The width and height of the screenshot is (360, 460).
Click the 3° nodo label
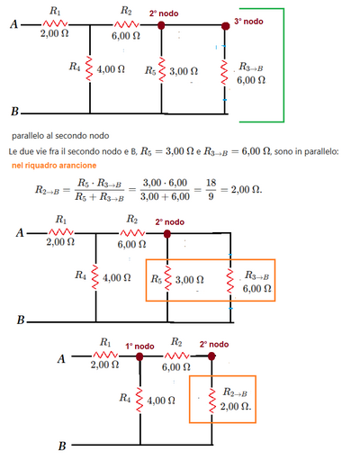click(248, 22)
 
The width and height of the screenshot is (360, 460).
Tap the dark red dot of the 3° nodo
click(225, 26)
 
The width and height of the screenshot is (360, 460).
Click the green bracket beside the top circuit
click(283, 65)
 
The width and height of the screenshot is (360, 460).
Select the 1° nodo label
click(139, 347)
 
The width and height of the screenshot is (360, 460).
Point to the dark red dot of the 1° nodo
click(139, 356)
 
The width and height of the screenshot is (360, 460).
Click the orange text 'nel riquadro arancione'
click(54, 166)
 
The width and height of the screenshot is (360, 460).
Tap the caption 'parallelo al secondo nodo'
click(60, 136)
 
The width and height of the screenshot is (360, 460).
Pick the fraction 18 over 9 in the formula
click(211, 190)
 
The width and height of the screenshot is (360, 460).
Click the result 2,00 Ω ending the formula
click(247, 190)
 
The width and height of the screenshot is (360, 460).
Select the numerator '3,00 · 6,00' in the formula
click(165, 183)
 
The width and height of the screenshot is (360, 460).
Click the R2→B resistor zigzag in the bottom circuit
click(212, 401)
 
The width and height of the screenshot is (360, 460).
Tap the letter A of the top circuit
click(13, 24)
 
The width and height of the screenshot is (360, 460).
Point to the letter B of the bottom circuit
click(62, 446)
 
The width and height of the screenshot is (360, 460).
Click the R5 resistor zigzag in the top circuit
click(161, 69)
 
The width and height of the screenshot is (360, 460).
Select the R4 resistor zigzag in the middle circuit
click(95, 277)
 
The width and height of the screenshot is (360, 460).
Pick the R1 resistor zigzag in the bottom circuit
click(105, 355)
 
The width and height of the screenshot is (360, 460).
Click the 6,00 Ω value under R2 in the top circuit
click(126, 36)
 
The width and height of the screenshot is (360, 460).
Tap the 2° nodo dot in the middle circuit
click(167, 234)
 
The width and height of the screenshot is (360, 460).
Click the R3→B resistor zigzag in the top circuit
click(224, 73)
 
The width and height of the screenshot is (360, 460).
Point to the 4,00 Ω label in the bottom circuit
click(161, 401)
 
